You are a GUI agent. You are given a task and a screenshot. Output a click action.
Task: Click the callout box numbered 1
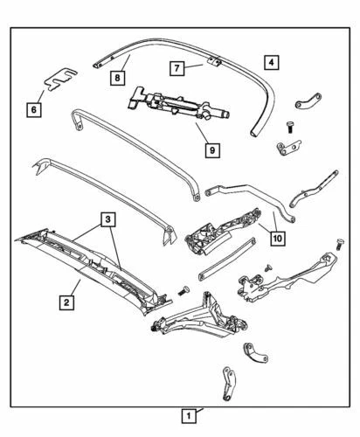(187, 414)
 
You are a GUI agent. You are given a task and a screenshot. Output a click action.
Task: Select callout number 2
(66, 303)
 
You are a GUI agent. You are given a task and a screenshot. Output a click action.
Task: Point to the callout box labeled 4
(271, 62)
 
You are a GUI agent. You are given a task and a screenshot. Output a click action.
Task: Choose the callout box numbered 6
(33, 110)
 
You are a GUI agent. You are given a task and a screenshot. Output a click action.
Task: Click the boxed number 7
(176, 67)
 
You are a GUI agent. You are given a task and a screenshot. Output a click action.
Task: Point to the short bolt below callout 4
(288, 128)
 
